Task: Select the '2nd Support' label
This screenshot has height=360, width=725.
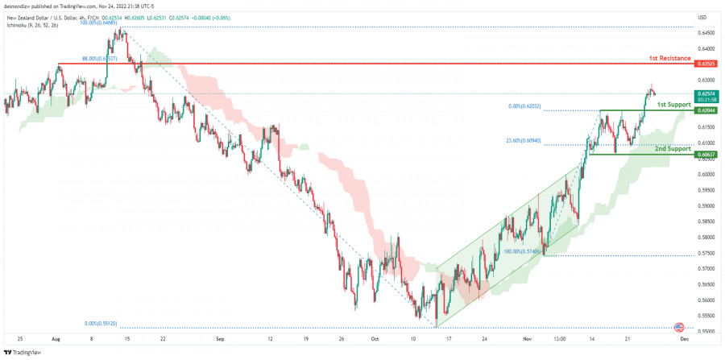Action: (x=671, y=149)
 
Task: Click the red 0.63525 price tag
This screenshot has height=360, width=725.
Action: (x=706, y=64)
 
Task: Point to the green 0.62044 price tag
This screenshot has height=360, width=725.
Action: (x=706, y=110)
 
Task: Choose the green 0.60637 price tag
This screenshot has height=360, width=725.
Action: (x=706, y=154)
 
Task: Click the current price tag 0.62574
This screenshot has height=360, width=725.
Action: (x=706, y=93)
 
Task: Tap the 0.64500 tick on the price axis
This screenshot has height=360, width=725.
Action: (x=706, y=33)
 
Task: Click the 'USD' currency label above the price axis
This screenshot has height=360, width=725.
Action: (x=702, y=17)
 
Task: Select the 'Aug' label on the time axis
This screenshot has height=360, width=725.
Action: (x=57, y=340)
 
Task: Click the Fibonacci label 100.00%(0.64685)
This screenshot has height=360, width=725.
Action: (x=98, y=23)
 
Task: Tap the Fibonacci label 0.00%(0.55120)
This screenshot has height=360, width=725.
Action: (x=101, y=324)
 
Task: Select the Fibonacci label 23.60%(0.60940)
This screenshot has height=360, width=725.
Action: (x=524, y=142)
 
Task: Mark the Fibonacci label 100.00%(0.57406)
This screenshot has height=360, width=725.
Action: (x=522, y=251)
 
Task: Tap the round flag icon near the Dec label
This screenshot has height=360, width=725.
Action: (x=678, y=327)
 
